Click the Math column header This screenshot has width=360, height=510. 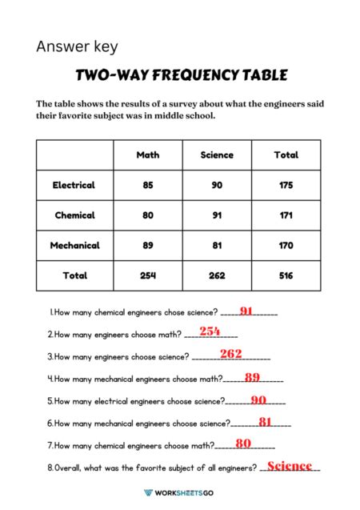coord(148,155)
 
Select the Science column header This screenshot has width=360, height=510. coord(217,155)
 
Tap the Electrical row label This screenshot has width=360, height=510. coord(74,185)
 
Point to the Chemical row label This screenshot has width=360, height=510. coord(74,215)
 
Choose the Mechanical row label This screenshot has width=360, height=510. coord(74,246)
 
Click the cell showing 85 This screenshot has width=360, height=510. coord(148,185)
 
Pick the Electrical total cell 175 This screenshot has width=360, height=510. coord(286,185)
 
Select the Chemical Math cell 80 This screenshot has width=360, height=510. coord(148,215)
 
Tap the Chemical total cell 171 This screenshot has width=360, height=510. coord(286,215)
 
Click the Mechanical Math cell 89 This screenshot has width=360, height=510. coord(148,246)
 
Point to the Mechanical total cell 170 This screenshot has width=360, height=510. coord(286,246)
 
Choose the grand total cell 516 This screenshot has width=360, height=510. coord(286,275)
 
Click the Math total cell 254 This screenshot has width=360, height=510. coord(148,275)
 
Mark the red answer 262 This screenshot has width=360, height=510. coord(230,354)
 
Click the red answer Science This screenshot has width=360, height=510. coord(289,466)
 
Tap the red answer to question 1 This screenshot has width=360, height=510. coord(246,311)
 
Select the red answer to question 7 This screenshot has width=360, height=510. coord(244,444)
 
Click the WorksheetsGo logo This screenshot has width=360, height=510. coord(179,493)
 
